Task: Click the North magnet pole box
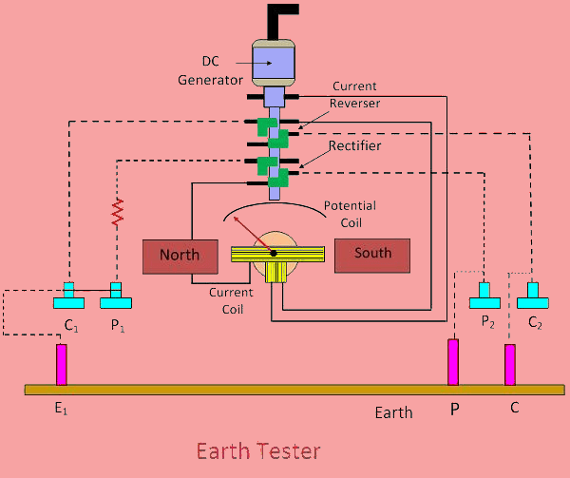[180, 256]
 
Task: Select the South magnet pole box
[371, 254]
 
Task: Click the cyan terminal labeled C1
[69, 297]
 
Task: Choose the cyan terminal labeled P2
[484, 297]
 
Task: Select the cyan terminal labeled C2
[533, 297]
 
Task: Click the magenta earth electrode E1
[62, 364]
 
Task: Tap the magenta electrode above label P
[454, 362]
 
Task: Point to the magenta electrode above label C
[510, 365]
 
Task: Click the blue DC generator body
[274, 64]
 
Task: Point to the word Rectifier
[354, 145]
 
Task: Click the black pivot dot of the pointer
[273, 253]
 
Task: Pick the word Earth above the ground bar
[393, 412]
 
